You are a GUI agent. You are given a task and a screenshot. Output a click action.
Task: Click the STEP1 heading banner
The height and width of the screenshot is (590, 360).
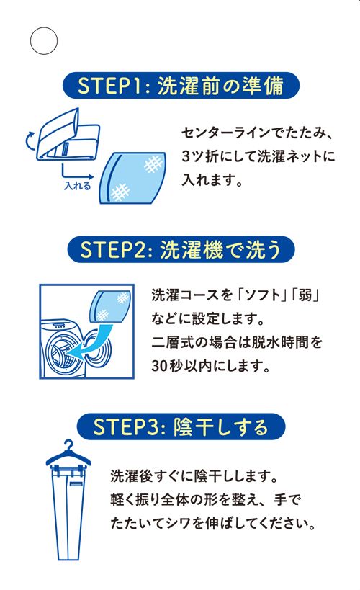(181, 86)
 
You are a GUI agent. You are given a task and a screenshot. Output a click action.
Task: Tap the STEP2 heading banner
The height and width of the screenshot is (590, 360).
(181, 249)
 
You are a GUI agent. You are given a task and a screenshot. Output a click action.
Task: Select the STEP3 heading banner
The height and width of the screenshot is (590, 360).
(181, 426)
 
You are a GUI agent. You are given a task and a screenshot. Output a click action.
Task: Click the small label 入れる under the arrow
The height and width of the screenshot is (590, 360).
(78, 186)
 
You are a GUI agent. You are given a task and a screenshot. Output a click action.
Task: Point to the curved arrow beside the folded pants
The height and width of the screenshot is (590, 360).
(29, 142)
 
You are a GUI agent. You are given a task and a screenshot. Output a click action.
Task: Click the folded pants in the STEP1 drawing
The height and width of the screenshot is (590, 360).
(68, 135)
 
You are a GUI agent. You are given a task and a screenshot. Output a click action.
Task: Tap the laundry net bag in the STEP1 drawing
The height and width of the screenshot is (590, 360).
(132, 178)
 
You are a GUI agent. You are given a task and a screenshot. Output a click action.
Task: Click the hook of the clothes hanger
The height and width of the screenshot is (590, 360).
(68, 446)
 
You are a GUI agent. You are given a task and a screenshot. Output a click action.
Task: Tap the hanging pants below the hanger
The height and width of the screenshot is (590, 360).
(68, 512)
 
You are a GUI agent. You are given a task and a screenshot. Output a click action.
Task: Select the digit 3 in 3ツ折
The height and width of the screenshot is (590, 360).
(186, 156)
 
